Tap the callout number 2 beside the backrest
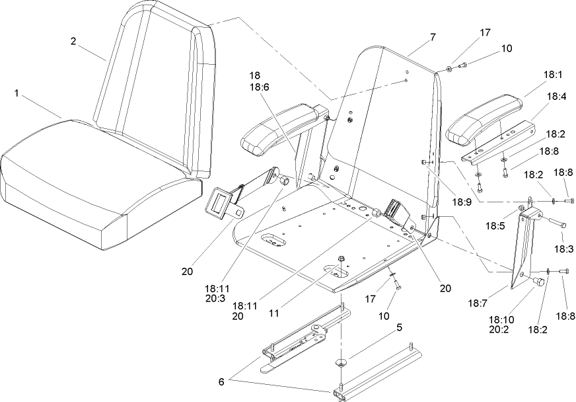73,41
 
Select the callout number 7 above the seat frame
433,37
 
